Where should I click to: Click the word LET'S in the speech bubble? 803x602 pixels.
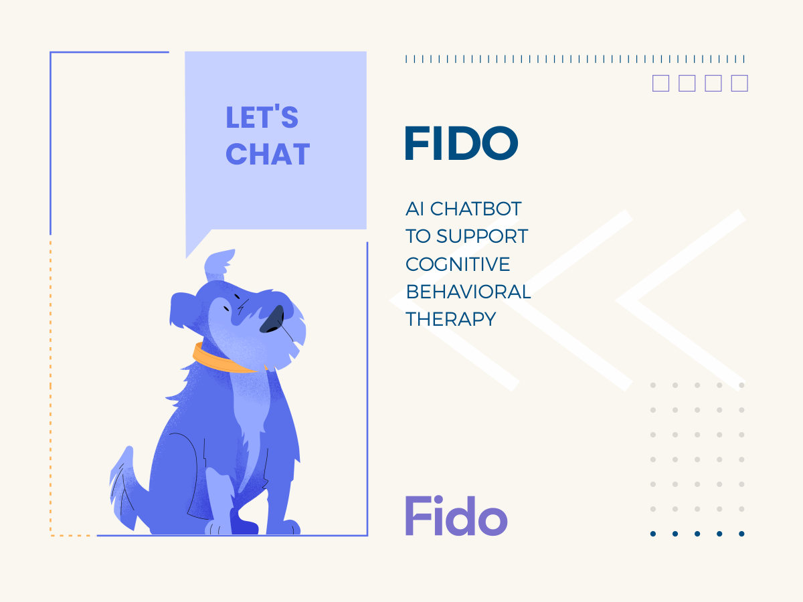click(x=262, y=116)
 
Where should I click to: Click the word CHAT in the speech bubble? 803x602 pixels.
click(x=268, y=154)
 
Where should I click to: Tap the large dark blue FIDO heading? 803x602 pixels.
click(x=461, y=143)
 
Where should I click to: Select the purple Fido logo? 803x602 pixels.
click(x=456, y=515)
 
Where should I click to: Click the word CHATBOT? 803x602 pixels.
click(x=476, y=209)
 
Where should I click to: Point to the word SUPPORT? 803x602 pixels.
click(x=482, y=236)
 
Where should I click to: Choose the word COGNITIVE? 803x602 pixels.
click(x=458, y=264)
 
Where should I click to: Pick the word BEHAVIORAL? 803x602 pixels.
click(x=468, y=292)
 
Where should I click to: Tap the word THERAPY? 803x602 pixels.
click(x=451, y=319)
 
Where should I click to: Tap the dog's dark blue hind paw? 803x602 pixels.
click(x=244, y=522)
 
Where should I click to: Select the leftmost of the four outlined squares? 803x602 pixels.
click(x=660, y=83)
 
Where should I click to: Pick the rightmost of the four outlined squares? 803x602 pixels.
click(x=739, y=83)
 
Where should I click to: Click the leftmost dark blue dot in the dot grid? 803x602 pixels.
click(x=653, y=534)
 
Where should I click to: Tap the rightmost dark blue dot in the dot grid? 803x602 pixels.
click(x=741, y=534)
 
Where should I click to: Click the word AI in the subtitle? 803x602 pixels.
click(x=415, y=209)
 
